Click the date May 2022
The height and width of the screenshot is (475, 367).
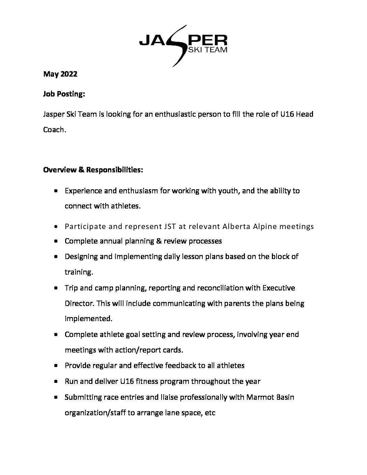tap(60, 74)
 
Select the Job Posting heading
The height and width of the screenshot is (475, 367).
tap(64, 94)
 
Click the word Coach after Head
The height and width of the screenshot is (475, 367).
tap(53, 130)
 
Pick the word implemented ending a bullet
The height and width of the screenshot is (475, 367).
tap(87, 318)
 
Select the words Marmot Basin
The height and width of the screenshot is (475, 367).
tap(270, 397)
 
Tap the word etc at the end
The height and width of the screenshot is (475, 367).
tap(210, 413)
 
